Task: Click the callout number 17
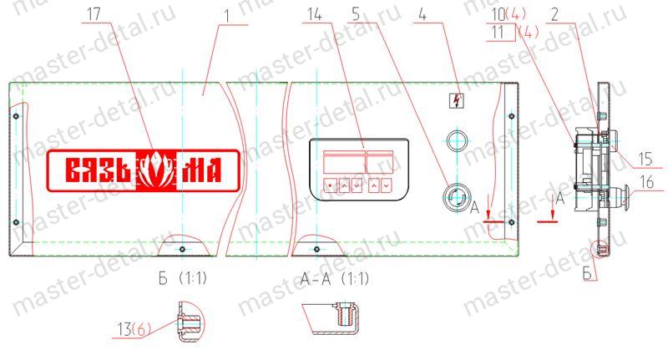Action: click(94, 14)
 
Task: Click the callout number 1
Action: click(227, 16)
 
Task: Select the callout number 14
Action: click(315, 14)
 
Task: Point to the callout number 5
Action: click(356, 14)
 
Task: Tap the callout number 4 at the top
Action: click(423, 14)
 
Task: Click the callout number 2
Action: click(554, 14)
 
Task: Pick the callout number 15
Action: click(645, 159)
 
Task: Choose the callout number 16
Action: click(647, 182)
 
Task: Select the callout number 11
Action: click(497, 32)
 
